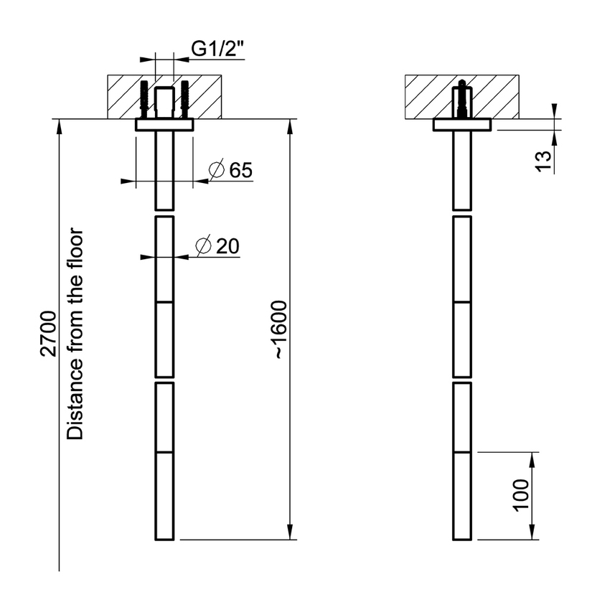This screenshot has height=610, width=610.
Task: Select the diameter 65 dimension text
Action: click(x=230, y=170)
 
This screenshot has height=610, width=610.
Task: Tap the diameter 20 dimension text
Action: click(x=217, y=246)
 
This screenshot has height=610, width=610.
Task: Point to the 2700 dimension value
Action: click(x=48, y=334)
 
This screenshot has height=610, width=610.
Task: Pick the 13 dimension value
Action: click(x=544, y=159)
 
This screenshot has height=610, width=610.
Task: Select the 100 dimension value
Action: click(x=521, y=495)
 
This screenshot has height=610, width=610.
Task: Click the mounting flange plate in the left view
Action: click(x=164, y=125)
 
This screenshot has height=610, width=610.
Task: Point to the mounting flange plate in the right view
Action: click(x=462, y=125)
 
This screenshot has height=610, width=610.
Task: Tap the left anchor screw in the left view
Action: click(x=146, y=99)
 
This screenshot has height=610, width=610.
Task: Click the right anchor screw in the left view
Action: click(x=184, y=99)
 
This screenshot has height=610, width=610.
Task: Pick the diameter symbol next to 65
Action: click(x=215, y=170)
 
